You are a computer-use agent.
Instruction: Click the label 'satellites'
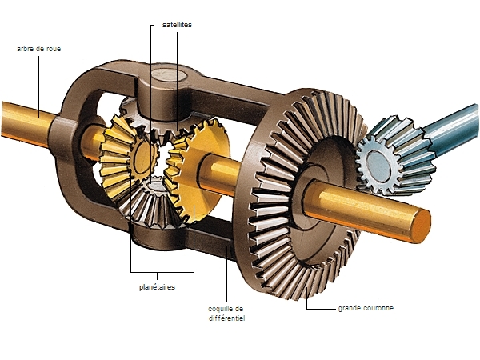[x=177, y=25]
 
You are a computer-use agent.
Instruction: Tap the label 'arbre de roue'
[x=38, y=49]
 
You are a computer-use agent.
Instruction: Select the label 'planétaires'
[x=157, y=287]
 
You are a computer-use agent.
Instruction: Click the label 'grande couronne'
[x=366, y=308]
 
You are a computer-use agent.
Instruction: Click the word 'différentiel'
[x=227, y=318]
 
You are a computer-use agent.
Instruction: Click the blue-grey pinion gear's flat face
[x=378, y=165]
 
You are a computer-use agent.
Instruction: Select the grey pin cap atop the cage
[x=167, y=75]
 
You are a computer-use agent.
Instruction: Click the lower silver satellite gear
[x=152, y=203]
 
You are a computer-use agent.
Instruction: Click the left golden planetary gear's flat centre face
[x=143, y=156]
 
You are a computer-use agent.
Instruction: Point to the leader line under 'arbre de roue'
[x=39, y=86]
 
